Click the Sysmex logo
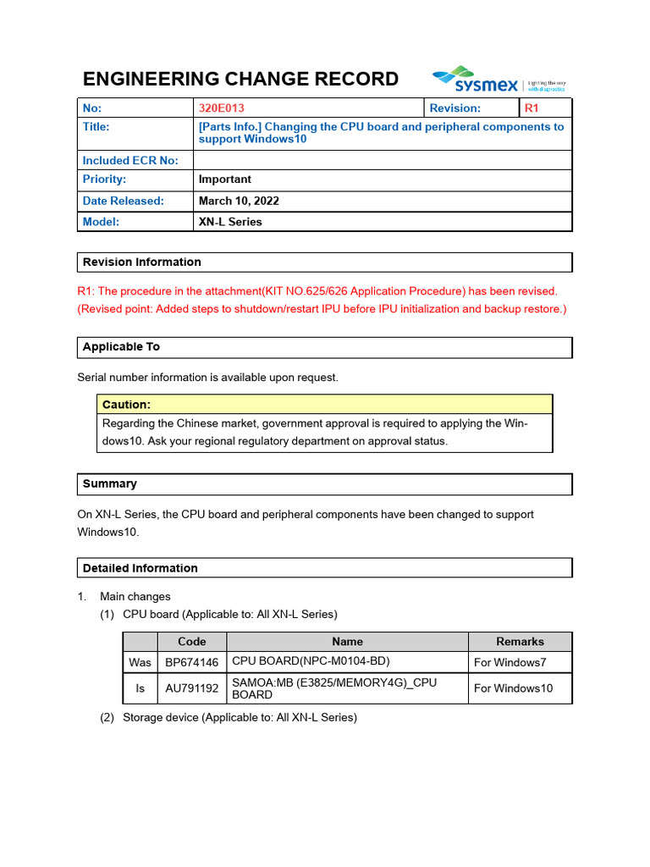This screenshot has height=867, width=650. click(499, 80)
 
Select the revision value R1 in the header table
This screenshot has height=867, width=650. click(532, 108)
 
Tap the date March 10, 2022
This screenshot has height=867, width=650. click(239, 202)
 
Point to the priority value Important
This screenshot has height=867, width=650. click(224, 179)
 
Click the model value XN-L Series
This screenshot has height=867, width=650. click(230, 222)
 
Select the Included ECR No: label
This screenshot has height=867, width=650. click(130, 160)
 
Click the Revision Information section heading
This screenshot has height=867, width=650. click(142, 262)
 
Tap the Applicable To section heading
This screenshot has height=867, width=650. click(121, 347)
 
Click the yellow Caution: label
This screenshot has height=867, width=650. click(126, 405)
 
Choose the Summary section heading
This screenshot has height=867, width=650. click(109, 484)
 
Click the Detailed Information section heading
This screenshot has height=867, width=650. click(140, 568)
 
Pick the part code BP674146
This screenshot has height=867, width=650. click(191, 662)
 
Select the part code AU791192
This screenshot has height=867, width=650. click(191, 688)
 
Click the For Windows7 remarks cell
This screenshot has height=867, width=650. click(510, 662)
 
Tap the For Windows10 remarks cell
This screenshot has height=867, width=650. click(513, 688)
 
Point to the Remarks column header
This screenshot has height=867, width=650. click(520, 642)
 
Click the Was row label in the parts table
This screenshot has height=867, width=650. click(140, 662)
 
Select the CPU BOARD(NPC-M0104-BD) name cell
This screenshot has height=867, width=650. click(311, 661)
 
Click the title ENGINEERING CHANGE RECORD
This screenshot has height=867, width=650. click(240, 80)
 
